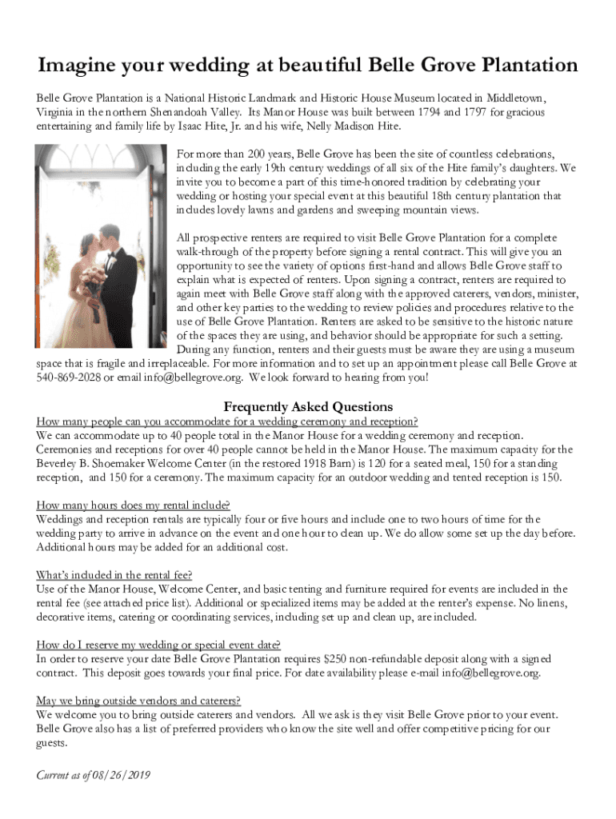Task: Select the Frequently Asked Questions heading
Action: click(308, 406)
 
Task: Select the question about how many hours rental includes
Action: click(134, 505)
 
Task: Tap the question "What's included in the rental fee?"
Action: click(114, 575)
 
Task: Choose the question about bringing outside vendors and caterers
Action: click(138, 701)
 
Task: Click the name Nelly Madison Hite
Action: click(354, 127)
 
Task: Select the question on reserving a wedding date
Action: click(158, 645)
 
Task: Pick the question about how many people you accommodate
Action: click(227, 421)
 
